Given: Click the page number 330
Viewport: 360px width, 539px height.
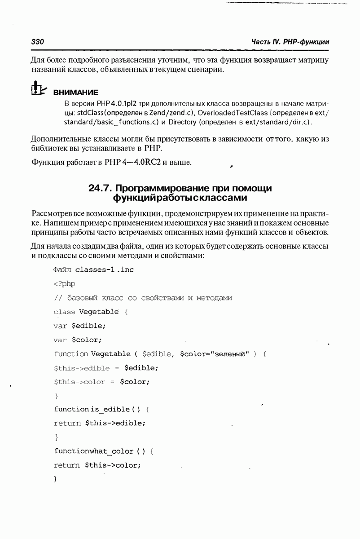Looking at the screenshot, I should [37, 42].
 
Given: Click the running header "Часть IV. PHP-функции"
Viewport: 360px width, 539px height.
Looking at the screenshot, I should [290, 42].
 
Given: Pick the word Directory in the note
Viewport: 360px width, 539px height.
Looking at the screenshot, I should [181, 122].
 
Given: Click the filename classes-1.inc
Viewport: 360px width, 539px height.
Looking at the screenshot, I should [104, 269].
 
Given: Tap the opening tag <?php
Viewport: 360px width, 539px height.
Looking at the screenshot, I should [64, 283].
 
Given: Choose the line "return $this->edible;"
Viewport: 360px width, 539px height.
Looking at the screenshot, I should [100, 423].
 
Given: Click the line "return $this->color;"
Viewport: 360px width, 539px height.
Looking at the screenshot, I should [97, 465].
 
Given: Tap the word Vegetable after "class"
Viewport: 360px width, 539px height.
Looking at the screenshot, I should [99, 312].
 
